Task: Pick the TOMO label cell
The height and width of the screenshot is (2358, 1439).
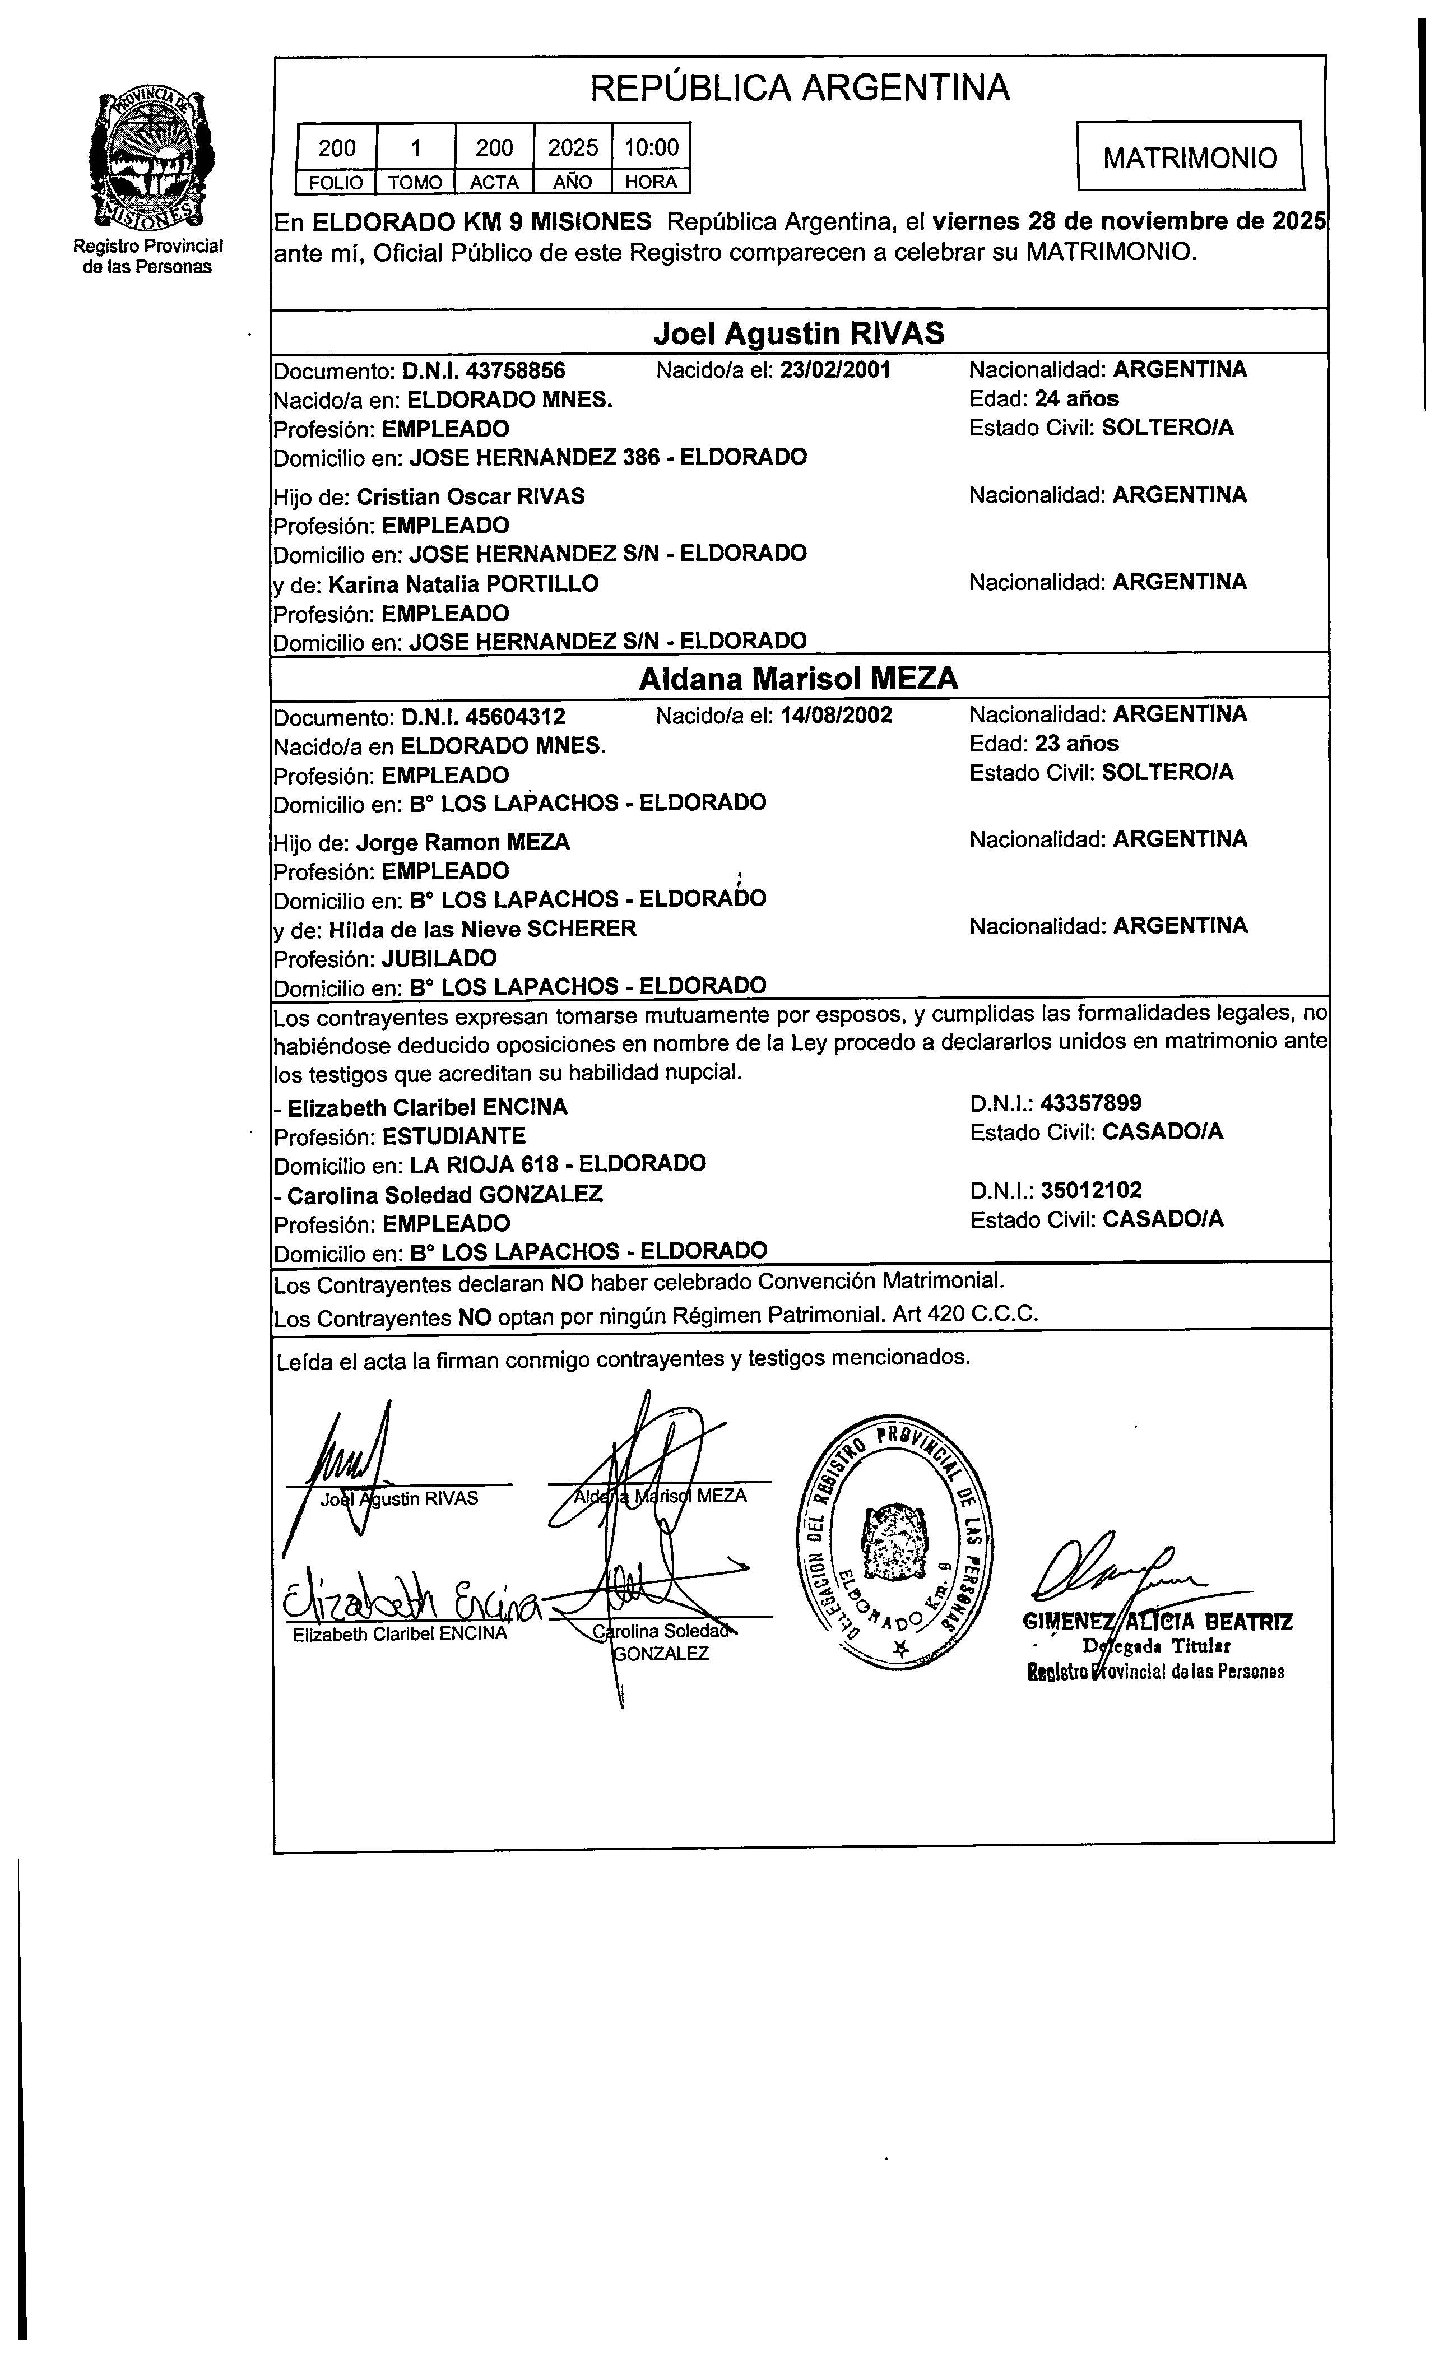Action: (415, 182)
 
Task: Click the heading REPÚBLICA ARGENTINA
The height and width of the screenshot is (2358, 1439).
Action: (799, 88)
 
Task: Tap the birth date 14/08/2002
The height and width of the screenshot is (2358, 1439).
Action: (835, 715)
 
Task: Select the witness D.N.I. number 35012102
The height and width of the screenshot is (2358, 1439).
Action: (1090, 1190)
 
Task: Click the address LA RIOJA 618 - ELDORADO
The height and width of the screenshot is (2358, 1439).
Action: (558, 1164)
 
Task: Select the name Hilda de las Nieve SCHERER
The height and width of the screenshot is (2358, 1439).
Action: (482, 929)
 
